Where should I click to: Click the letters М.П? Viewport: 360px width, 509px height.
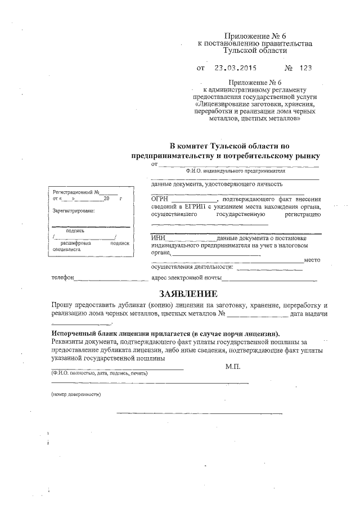[232, 366]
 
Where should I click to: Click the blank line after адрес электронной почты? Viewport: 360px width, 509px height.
[270, 279]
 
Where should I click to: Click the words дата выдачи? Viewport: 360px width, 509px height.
[309, 313]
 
